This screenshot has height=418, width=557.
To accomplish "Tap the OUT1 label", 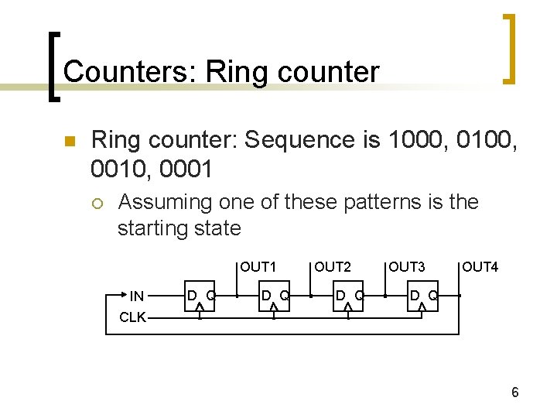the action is click(258, 267).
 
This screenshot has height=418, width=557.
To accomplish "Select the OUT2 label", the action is click(333, 267).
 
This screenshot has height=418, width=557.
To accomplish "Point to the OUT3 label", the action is click(407, 267).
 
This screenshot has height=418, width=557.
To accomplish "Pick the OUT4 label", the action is click(480, 267).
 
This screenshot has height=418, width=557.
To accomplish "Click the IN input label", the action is click(136, 295).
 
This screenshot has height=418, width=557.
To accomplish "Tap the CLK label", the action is click(133, 317).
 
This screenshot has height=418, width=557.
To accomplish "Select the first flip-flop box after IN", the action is click(200, 296).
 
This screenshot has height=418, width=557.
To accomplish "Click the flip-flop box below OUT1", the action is click(274, 296).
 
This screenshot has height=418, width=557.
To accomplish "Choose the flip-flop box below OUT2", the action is click(348, 296).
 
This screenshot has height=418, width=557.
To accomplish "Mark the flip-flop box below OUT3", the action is click(422, 296).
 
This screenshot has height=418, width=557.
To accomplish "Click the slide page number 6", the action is click(514, 393).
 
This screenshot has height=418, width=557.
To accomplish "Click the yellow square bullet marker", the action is click(68, 142).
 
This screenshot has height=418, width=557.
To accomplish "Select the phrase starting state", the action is click(179, 228).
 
